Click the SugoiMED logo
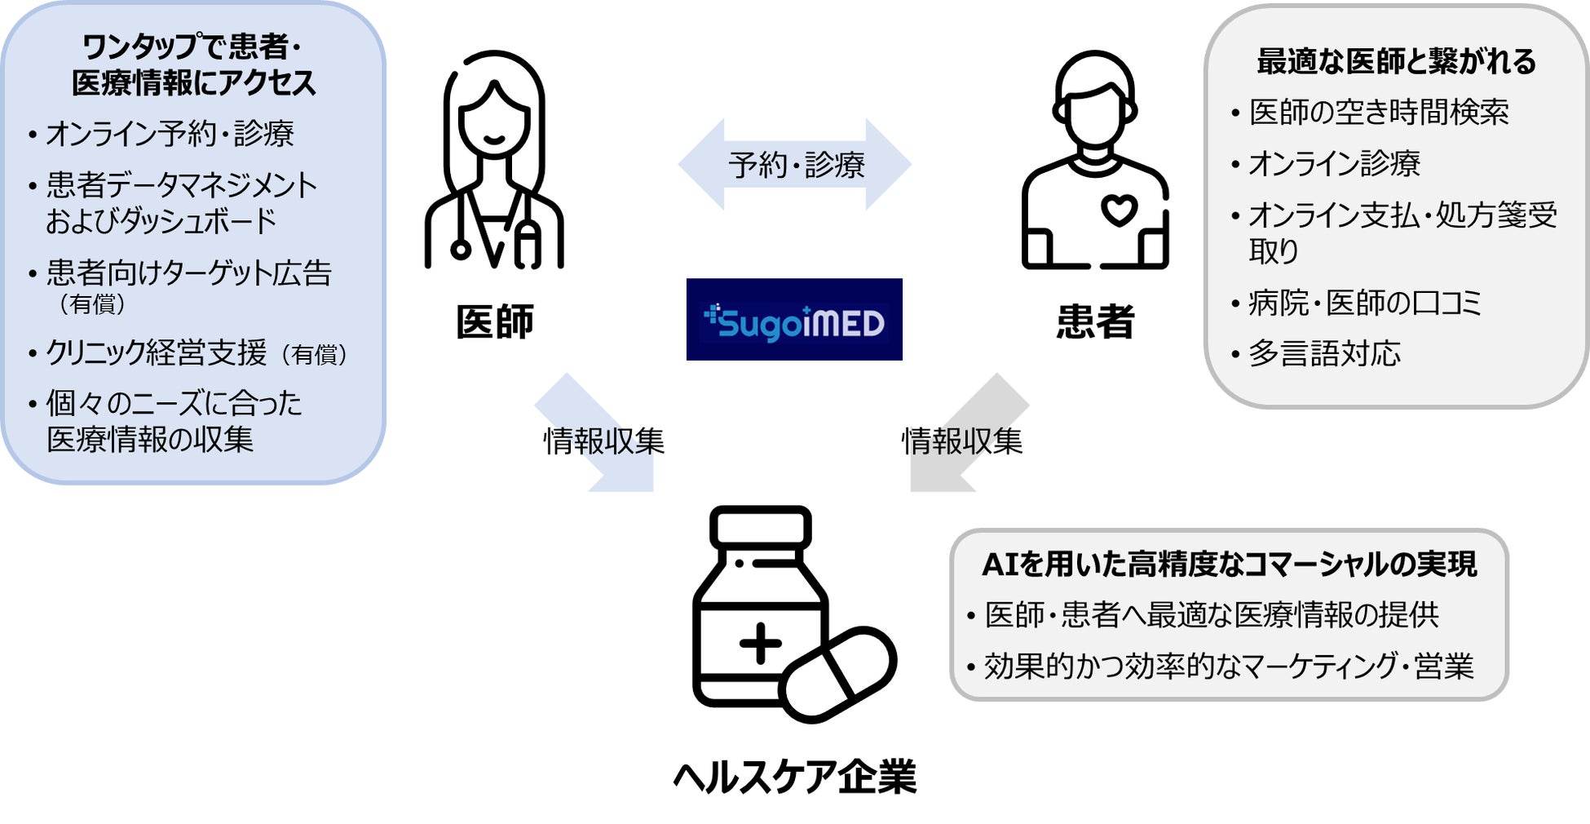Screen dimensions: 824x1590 tap(793, 320)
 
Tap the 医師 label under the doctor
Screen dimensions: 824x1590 tap(495, 321)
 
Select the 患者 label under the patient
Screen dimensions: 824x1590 tap(1095, 321)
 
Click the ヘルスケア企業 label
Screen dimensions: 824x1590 tap(795, 776)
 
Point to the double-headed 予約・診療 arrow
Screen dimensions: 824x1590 tap(795, 165)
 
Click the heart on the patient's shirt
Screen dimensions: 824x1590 tap(1119, 210)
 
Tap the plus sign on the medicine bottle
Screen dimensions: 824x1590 tap(760, 644)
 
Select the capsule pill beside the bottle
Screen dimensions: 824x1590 tap(837, 674)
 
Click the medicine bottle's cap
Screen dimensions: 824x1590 tap(760, 526)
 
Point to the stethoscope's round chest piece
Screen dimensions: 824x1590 tap(460, 250)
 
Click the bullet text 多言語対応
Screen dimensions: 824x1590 tap(1324, 354)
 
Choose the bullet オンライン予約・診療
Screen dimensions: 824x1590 tap(170, 134)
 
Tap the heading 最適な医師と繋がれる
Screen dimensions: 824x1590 tap(1396, 62)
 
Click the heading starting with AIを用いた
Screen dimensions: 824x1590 tap(1229, 565)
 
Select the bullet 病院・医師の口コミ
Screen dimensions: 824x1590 tap(1364, 303)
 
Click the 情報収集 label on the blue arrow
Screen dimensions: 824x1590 tap(604, 441)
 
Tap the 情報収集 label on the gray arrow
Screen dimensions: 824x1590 tap(962, 441)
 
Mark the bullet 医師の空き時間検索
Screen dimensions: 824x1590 tap(1379, 113)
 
